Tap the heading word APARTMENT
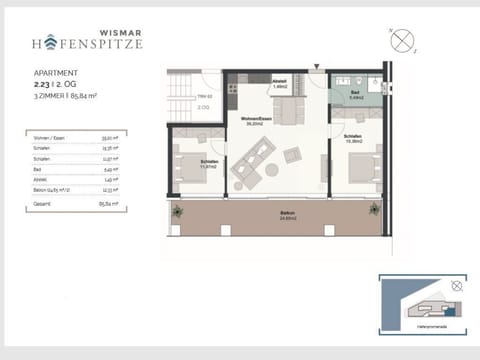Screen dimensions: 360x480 coord(53,74)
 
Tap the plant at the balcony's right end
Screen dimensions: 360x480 coord(375,211)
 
